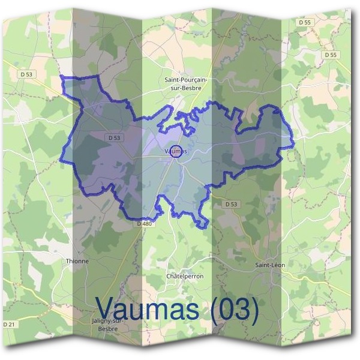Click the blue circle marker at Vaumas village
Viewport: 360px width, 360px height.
(x=176, y=151)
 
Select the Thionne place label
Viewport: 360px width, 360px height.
(x=77, y=261)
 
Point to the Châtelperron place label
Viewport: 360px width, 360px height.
(x=184, y=276)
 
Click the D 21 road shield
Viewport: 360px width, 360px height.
(x=9, y=325)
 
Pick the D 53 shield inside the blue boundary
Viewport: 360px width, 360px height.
(x=115, y=137)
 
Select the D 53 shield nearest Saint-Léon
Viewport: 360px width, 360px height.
(x=232, y=204)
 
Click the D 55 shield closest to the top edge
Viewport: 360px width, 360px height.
(x=305, y=22)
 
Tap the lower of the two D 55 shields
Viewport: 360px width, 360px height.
(x=329, y=55)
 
